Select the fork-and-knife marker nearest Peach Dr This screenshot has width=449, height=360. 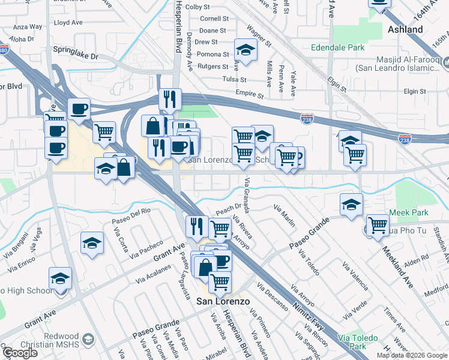click(197, 226)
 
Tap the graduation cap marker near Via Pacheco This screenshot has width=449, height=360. click(92, 244)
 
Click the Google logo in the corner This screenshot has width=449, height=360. click(20, 353)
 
